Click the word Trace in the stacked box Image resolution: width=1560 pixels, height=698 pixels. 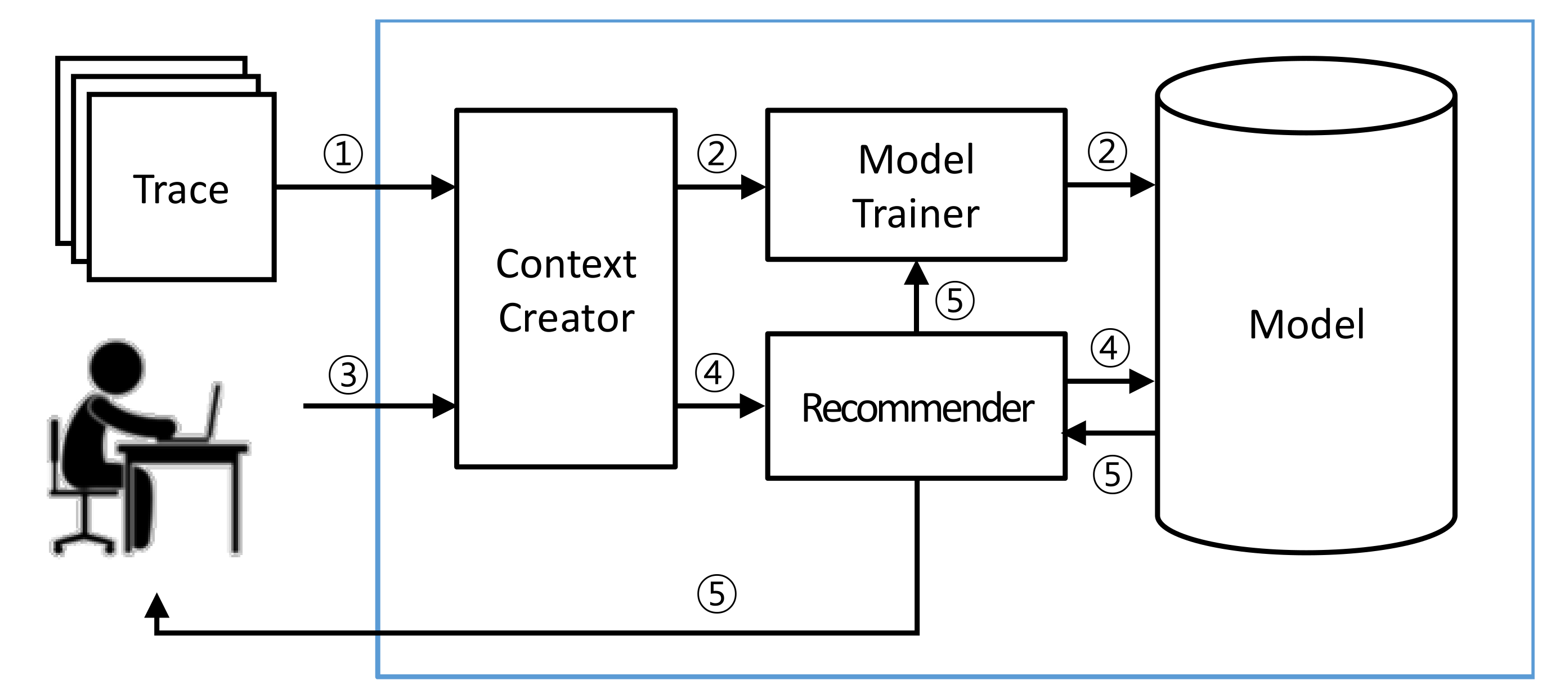(181, 189)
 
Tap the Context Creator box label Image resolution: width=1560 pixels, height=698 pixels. (566, 290)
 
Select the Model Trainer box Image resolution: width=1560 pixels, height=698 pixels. (916, 186)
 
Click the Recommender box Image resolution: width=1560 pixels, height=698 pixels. (917, 407)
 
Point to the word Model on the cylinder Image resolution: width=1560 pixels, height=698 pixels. (1306, 324)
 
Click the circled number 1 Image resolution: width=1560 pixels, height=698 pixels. (343, 153)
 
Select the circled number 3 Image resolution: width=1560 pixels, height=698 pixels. (348, 374)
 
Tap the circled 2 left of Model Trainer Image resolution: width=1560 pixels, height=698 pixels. (716, 153)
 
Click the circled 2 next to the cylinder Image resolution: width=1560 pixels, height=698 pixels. (1107, 151)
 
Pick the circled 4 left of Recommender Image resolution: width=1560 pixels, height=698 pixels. (715, 373)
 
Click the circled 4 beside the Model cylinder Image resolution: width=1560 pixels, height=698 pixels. (1109, 348)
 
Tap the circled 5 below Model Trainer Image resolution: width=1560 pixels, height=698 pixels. (955, 301)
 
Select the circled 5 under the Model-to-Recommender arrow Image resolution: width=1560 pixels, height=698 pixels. (1112, 475)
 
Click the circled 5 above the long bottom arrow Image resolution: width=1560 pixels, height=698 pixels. (716, 594)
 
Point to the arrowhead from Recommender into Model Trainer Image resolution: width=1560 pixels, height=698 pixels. (916, 273)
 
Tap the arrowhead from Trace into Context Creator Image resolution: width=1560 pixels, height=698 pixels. (443, 187)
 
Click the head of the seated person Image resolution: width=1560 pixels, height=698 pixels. (117, 365)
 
